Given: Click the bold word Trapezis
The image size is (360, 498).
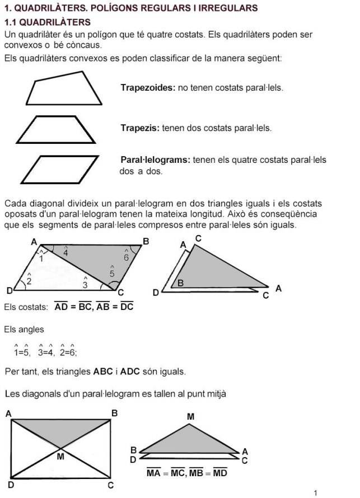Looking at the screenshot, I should click(140, 128).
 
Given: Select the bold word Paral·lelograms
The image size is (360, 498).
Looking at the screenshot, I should click(155, 161).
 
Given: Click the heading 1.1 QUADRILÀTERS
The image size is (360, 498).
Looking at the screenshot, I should click(47, 22).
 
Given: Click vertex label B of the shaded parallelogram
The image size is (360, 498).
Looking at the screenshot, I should click(146, 242).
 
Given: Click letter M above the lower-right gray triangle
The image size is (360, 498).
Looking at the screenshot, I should click(190, 416).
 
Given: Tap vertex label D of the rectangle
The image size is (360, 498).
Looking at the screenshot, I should click(11, 485).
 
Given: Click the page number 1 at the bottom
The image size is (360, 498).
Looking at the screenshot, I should click(316, 492).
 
